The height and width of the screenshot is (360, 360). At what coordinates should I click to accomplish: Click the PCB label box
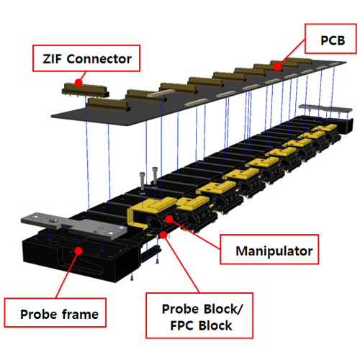(330, 38)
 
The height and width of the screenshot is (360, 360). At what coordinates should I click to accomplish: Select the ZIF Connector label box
(86, 58)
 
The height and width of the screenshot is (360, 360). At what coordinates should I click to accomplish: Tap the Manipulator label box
(269, 249)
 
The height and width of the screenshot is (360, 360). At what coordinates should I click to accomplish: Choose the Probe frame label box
(55, 312)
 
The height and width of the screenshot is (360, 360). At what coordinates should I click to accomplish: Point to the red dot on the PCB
(277, 66)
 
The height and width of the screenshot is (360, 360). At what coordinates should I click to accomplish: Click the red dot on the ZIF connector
(78, 83)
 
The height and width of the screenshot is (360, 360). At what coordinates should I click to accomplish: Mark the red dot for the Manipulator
(169, 219)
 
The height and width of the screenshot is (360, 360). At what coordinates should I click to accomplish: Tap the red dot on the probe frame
(78, 251)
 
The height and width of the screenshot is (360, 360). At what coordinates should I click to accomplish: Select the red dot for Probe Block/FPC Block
(163, 235)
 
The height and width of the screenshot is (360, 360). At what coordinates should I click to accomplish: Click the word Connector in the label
(99, 59)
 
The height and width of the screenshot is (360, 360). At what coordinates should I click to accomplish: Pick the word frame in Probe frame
(80, 314)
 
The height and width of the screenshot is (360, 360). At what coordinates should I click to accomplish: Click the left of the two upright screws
(143, 182)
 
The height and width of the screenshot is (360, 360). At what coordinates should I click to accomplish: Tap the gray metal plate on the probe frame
(74, 225)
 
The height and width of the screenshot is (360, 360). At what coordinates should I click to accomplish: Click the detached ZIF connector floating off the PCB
(86, 90)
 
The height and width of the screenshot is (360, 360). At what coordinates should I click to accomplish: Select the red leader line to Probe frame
(67, 274)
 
